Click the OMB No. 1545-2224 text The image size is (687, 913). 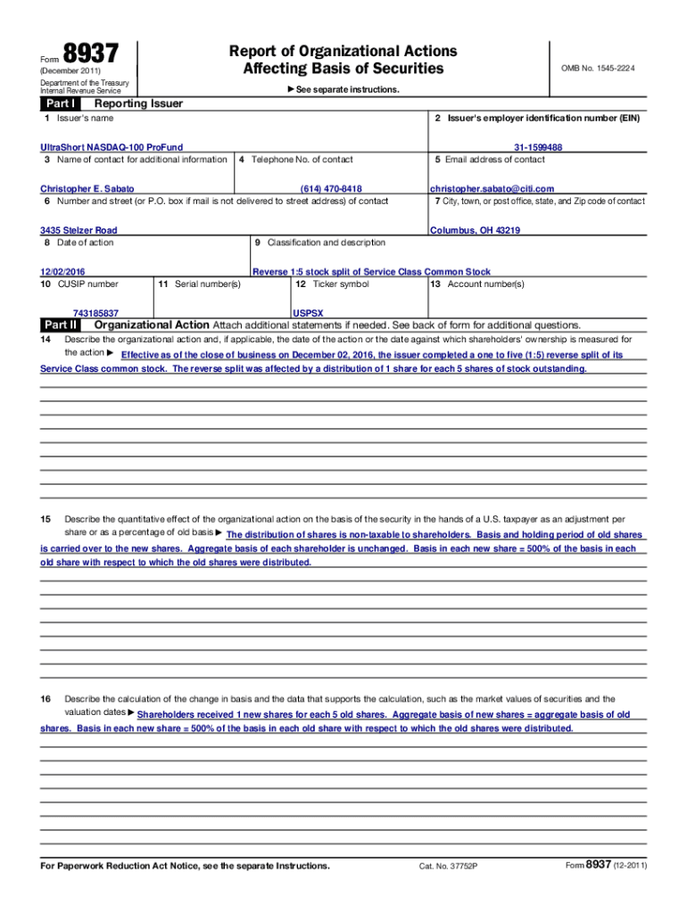(598, 69)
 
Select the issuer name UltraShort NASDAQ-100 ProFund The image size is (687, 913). (112, 147)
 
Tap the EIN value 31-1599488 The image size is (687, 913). (537, 147)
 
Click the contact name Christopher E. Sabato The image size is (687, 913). (87, 189)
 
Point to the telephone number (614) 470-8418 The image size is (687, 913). (331, 189)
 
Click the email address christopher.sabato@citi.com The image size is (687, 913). (492, 189)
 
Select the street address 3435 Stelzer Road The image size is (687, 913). (79, 230)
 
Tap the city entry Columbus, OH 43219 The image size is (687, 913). (475, 230)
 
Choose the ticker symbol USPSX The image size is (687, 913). (308, 314)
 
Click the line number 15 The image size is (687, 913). (46, 519)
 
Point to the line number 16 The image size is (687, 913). (46, 699)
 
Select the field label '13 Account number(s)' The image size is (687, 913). (477, 284)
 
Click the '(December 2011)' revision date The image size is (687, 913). (70, 70)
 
